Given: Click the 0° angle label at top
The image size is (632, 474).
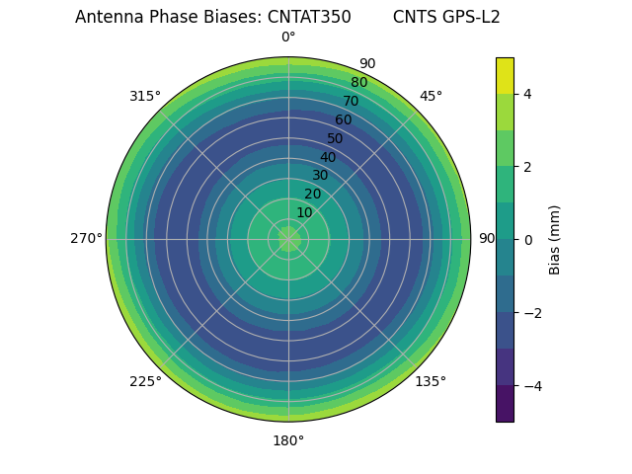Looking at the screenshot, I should pyautogui.click(x=288, y=38).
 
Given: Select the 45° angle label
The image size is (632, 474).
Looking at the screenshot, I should pyautogui.click(x=431, y=96).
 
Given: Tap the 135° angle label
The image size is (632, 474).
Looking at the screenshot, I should pyautogui.click(x=431, y=381).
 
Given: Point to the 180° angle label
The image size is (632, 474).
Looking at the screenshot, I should pyautogui.click(x=288, y=440).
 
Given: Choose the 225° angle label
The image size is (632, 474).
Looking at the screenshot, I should pyautogui.click(x=145, y=381).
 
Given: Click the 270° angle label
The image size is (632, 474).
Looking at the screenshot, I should pyautogui.click(x=86, y=239).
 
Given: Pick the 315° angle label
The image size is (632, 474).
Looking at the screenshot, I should pyautogui.click(x=145, y=96).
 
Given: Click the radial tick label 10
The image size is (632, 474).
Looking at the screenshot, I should pyautogui.click(x=304, y=212).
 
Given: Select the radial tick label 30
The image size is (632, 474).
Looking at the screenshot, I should pyautogui.click(x=320, y=176).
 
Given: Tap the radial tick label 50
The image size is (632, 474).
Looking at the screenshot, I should pyautogui.click(x=336, y=138).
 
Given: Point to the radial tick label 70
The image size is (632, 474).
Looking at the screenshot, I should pyautogui.click(x=351, y=101).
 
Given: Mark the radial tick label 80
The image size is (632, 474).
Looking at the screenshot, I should pyautogui.click(x=358, y=83).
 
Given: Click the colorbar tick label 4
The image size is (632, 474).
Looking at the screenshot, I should pyautogui.click(x=528, y=94).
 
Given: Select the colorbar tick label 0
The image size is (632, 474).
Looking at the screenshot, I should pyautogui.click(x=528, y=240).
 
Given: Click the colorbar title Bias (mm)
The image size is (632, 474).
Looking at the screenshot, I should pyautogui.click(x=555, y=240).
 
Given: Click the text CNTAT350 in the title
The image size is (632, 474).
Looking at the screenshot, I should pyautogui.click(x=309, y=17).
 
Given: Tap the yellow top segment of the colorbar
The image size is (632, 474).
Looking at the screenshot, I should pyautogui.click(x=505, y=75).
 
